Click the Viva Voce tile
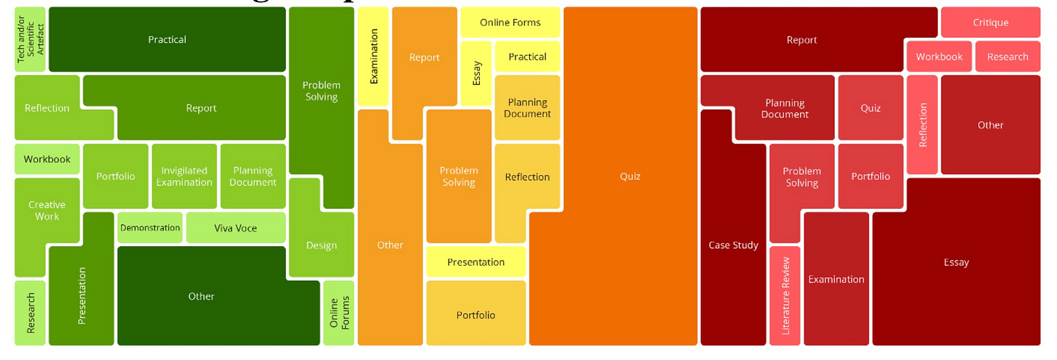[235, 228]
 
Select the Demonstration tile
[150, 228]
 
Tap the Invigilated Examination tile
[184, 176]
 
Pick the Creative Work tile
[46, 210]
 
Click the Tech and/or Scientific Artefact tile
[30, 40]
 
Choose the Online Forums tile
[338, 312]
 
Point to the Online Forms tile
[510, 22]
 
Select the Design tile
[321, 245]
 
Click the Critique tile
[990, 22]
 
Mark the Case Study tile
[733, 245]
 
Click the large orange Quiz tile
[629, 176]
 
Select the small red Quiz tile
[870, 107]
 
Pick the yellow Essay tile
[476, 73]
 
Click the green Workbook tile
[46, 159]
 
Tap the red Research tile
[1007, 57]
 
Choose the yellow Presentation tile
[476, 262]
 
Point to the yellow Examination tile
[374, 57]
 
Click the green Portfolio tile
[115, 176]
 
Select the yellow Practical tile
[527, 57]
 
